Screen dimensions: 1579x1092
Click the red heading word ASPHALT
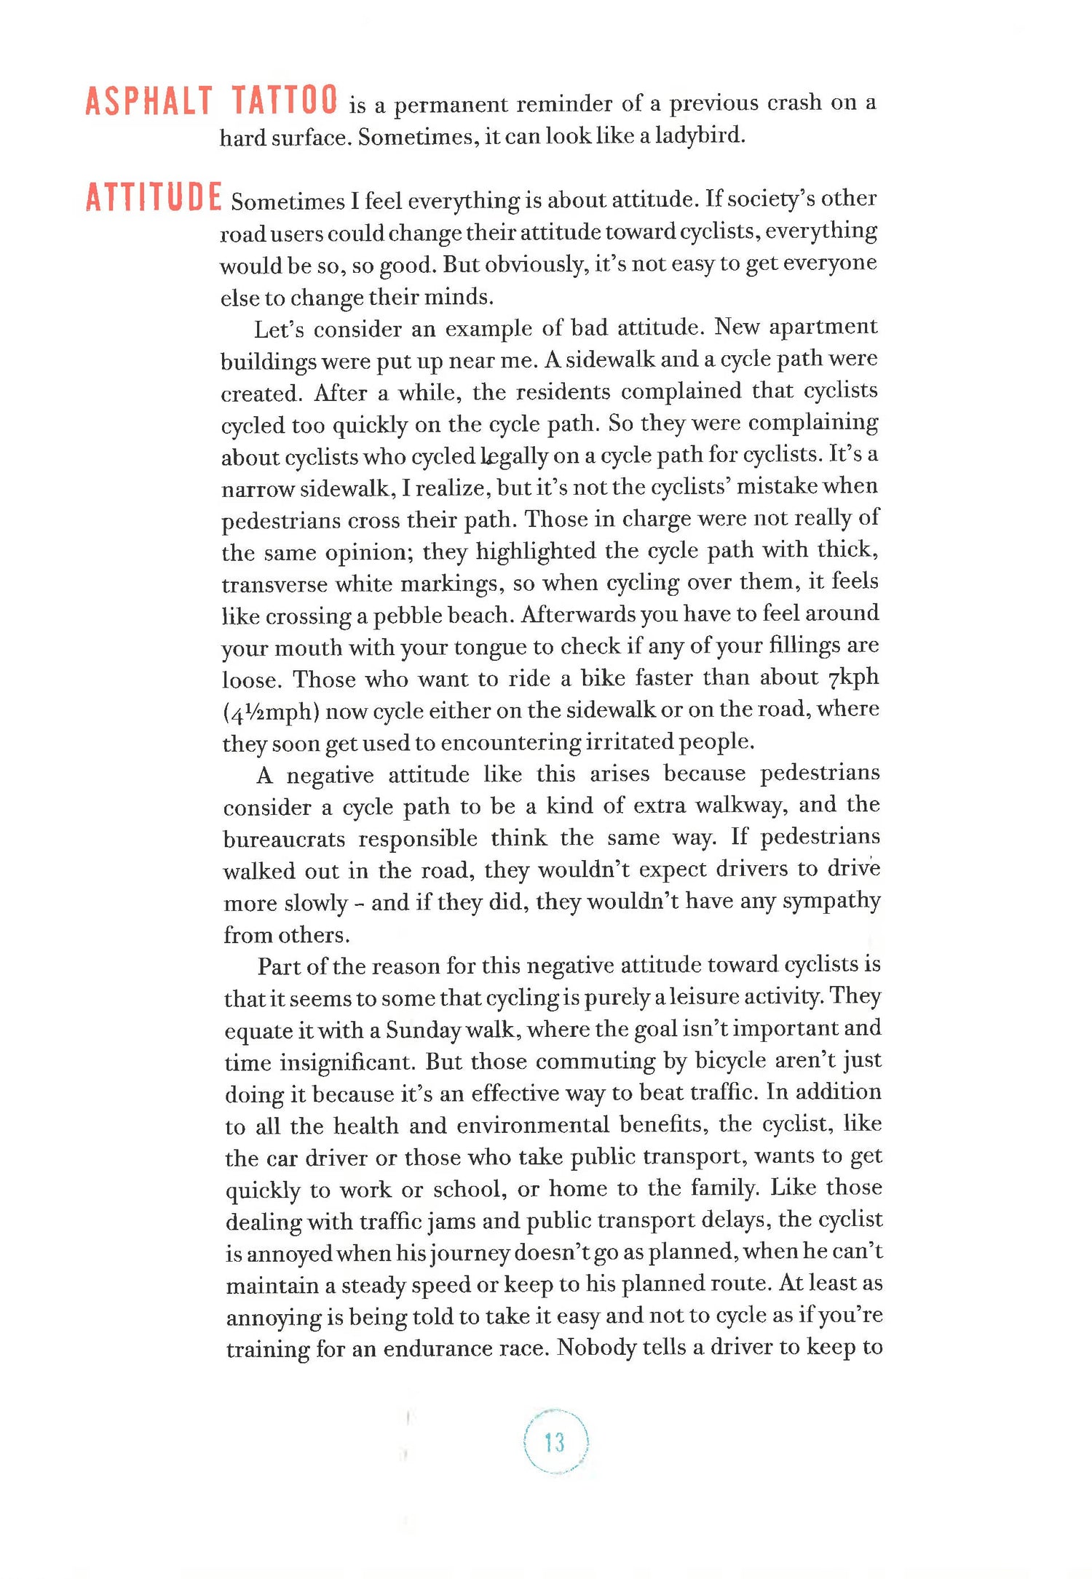[x=149, y=101]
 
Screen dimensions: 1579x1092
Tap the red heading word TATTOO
[x=285, y=100]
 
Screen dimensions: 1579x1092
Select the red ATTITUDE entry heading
[x=153, y=198]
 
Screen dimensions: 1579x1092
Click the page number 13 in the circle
[x=555, y=1441]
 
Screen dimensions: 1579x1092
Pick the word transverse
[x=274, y=584]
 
